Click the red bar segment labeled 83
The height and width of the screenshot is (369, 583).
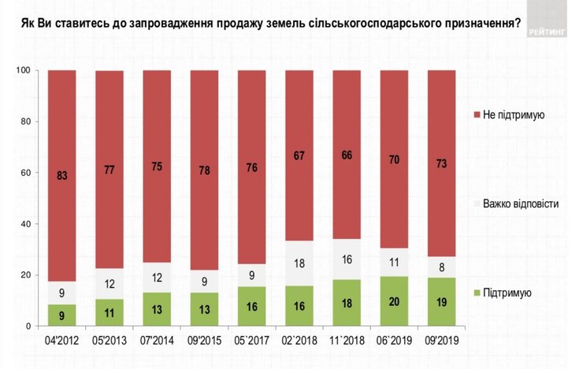61,175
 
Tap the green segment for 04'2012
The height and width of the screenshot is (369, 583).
61,315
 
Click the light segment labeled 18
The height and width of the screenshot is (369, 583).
299,263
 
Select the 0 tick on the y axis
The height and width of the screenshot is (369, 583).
27,326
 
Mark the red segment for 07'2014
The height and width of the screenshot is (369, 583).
157,166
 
